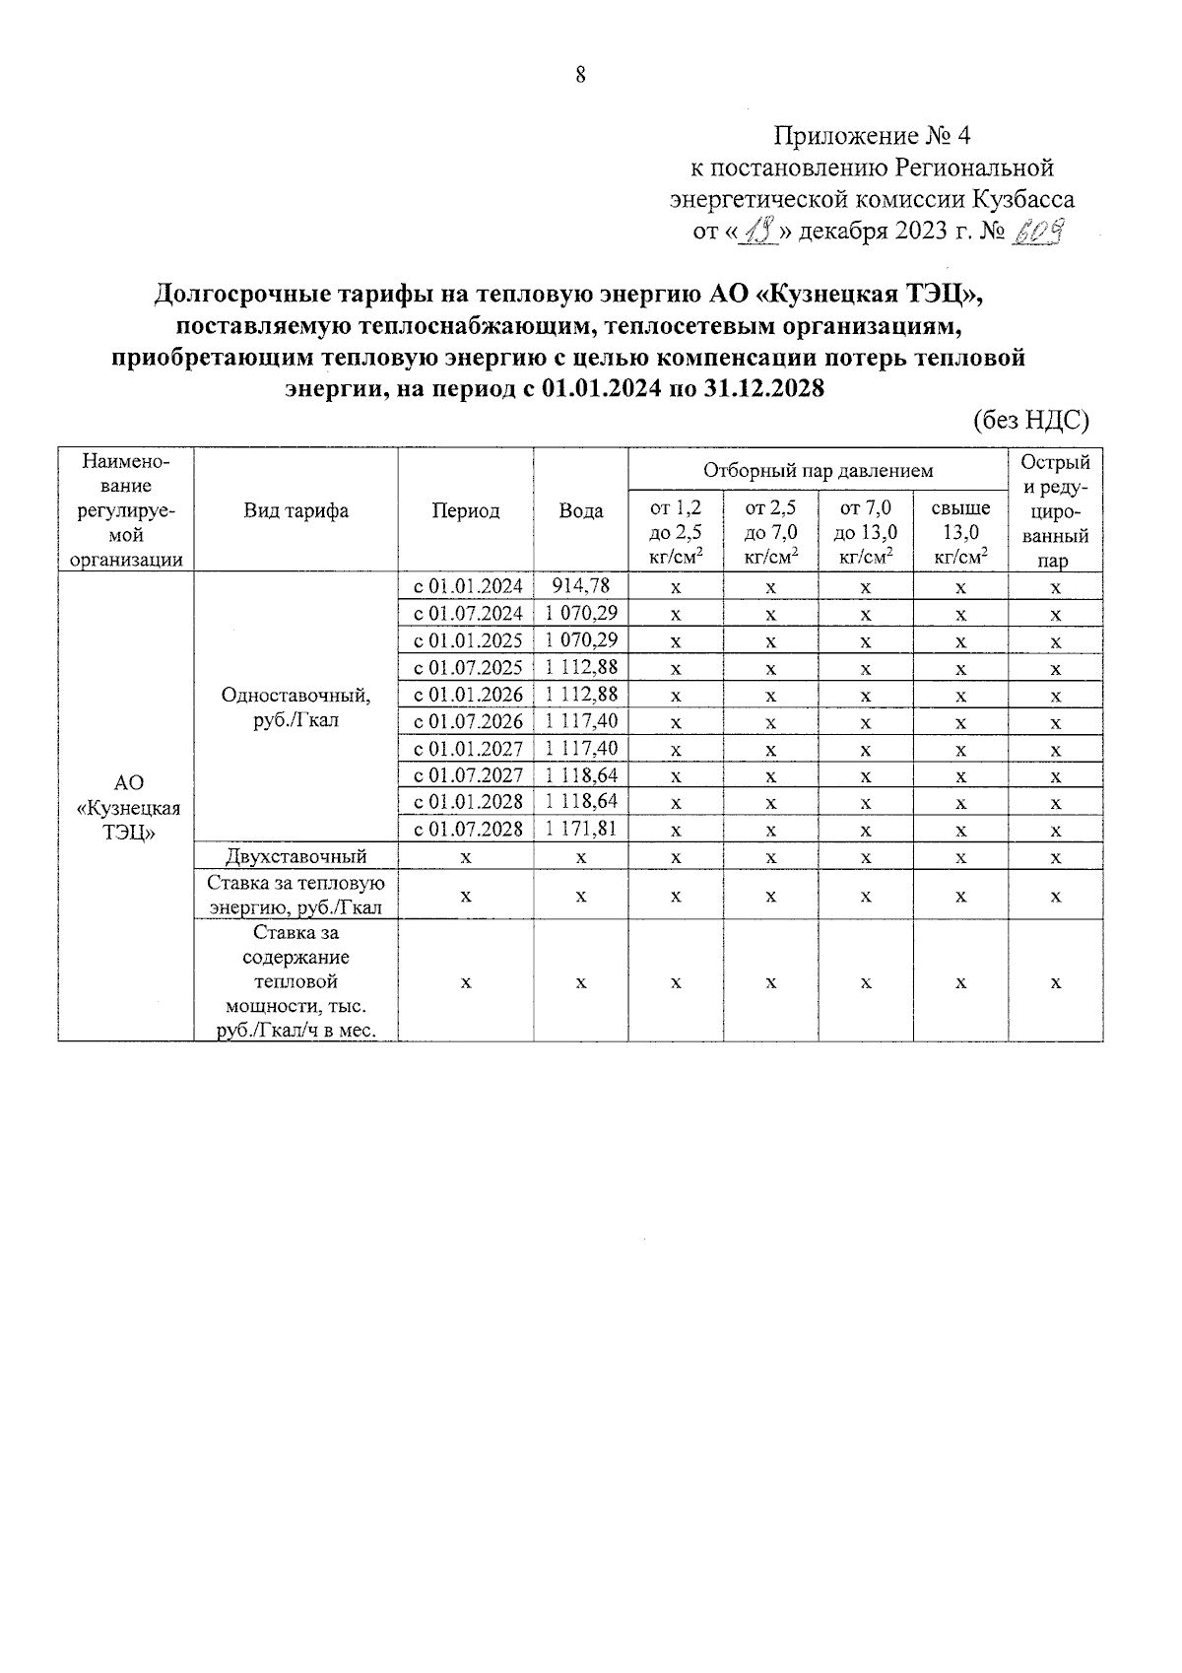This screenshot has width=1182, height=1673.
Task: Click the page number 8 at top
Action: [580, 75]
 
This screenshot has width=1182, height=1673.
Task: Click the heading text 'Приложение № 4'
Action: [872, 135]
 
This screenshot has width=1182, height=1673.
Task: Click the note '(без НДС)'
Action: [1031, 421]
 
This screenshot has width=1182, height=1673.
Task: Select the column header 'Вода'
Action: [581, 510]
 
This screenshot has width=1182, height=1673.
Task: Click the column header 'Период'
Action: [465, 510]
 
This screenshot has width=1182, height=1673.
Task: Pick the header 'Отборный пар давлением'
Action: [818, 471]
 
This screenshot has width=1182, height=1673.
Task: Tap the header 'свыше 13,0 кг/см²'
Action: [960, 533]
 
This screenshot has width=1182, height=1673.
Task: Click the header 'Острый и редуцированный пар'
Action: [1055, 510]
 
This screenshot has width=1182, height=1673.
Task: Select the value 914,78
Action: [581, 586]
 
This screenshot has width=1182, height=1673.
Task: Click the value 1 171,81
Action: [581, 829]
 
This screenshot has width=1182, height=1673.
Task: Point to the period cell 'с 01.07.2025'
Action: [467, 668]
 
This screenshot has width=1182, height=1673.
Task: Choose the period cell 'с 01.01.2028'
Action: [467, 802]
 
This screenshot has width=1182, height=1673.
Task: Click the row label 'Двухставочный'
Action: [295, 856]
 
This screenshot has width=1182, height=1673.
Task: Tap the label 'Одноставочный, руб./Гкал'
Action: [295, 707]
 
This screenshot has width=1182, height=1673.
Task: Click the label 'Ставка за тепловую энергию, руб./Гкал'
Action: [295, 895]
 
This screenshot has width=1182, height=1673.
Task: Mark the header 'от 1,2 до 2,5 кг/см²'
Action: [676, 533]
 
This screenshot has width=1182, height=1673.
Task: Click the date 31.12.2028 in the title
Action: [765, 389]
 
